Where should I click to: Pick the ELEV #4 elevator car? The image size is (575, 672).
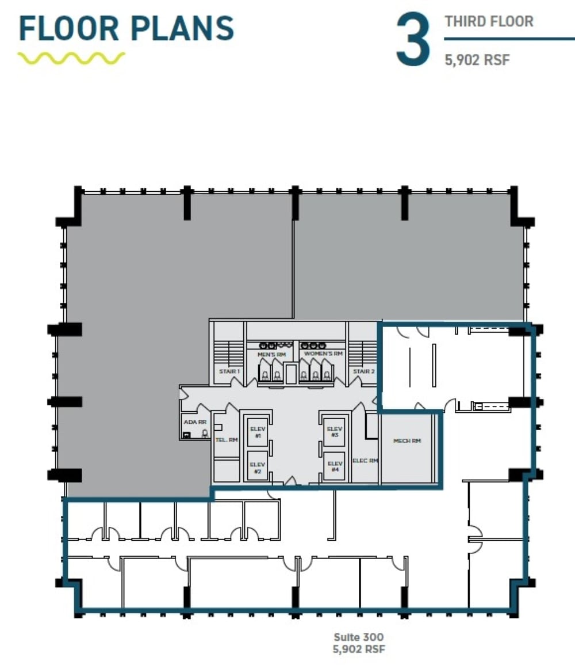coord(334,465)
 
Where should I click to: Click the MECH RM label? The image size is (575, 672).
coord(407,441)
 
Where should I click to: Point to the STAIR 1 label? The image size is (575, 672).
coord(229,371)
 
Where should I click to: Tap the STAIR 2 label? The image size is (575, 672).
coord(363,371)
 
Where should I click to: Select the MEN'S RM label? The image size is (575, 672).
coord(271,354)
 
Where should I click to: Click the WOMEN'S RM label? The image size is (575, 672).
coord(323,354)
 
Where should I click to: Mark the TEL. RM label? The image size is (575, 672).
coord(226,439)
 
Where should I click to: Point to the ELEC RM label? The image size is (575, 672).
coord(365,460)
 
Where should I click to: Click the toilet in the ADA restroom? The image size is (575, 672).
coord(204,435)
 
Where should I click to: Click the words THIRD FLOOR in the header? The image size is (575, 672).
coord(489,22)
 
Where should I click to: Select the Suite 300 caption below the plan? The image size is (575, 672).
coord(359,637)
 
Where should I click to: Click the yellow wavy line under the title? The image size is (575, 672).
coord(71,58)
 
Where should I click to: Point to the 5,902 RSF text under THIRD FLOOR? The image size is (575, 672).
coord(477,59)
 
